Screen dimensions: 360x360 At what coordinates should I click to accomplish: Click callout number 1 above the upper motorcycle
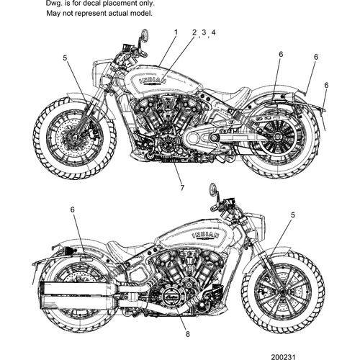click(x=175, y=32)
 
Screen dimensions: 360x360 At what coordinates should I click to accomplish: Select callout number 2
click(x=194, y=32)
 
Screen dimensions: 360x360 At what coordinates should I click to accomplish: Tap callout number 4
click(x=213, y=32)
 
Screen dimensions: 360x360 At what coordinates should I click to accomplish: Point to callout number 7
click(x=182, y=188)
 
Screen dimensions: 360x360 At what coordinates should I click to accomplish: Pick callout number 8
click(x=188, y=334)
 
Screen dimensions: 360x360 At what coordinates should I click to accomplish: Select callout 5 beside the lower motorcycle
click(x=292, y=215)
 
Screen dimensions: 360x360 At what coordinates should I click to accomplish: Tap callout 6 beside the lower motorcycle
click(x=72, y=209)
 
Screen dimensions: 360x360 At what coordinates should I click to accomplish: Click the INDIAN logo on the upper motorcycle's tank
click(x=151, y=81)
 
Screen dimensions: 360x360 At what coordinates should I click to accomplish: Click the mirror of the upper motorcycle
click(x=145, y=35)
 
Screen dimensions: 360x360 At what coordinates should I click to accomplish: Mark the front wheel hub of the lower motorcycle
click(x=277, y=294)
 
